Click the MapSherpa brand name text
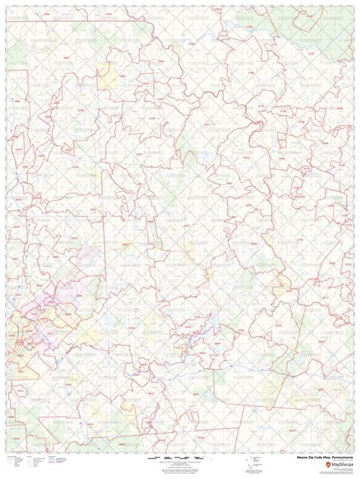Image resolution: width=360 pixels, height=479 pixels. pyautogui.click(x=337, y=465)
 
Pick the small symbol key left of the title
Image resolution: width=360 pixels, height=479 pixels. pyautogui.click(x=258, y=462)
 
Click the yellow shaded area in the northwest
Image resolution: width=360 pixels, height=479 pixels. pyautogui.click(x=104, y=74)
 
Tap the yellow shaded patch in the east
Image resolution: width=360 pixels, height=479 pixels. pyautogui.click(x=283, y=287)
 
